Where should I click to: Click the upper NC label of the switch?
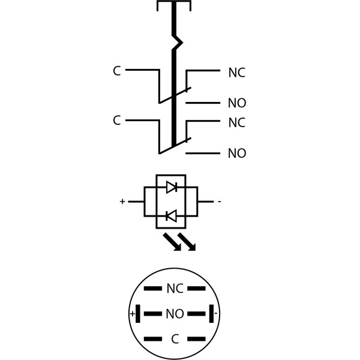click(236, 73)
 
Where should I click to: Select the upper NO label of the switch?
click(236, 103)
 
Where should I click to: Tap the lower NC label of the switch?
click(236, 123)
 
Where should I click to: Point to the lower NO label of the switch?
click(236, 154)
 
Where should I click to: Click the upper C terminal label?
click(116, 71)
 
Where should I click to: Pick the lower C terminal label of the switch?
click(116, 121)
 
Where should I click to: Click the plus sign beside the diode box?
click(122, 202)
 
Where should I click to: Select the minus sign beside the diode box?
click(219, 202)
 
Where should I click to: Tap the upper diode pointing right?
click(171, 187)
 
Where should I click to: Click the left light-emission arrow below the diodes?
click(172, 242)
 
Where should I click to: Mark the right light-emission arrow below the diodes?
click(187, 242)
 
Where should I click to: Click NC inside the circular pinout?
click(175, 289)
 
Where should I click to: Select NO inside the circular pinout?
click(175, 314)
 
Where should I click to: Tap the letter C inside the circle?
click(175, 340)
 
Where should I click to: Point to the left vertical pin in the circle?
click(138, 313)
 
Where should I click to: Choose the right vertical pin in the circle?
click(211, 313)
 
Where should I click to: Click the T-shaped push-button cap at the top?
click(174, 5)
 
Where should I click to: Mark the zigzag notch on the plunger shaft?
click(176, 43)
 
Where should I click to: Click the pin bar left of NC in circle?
click(152, 289)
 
